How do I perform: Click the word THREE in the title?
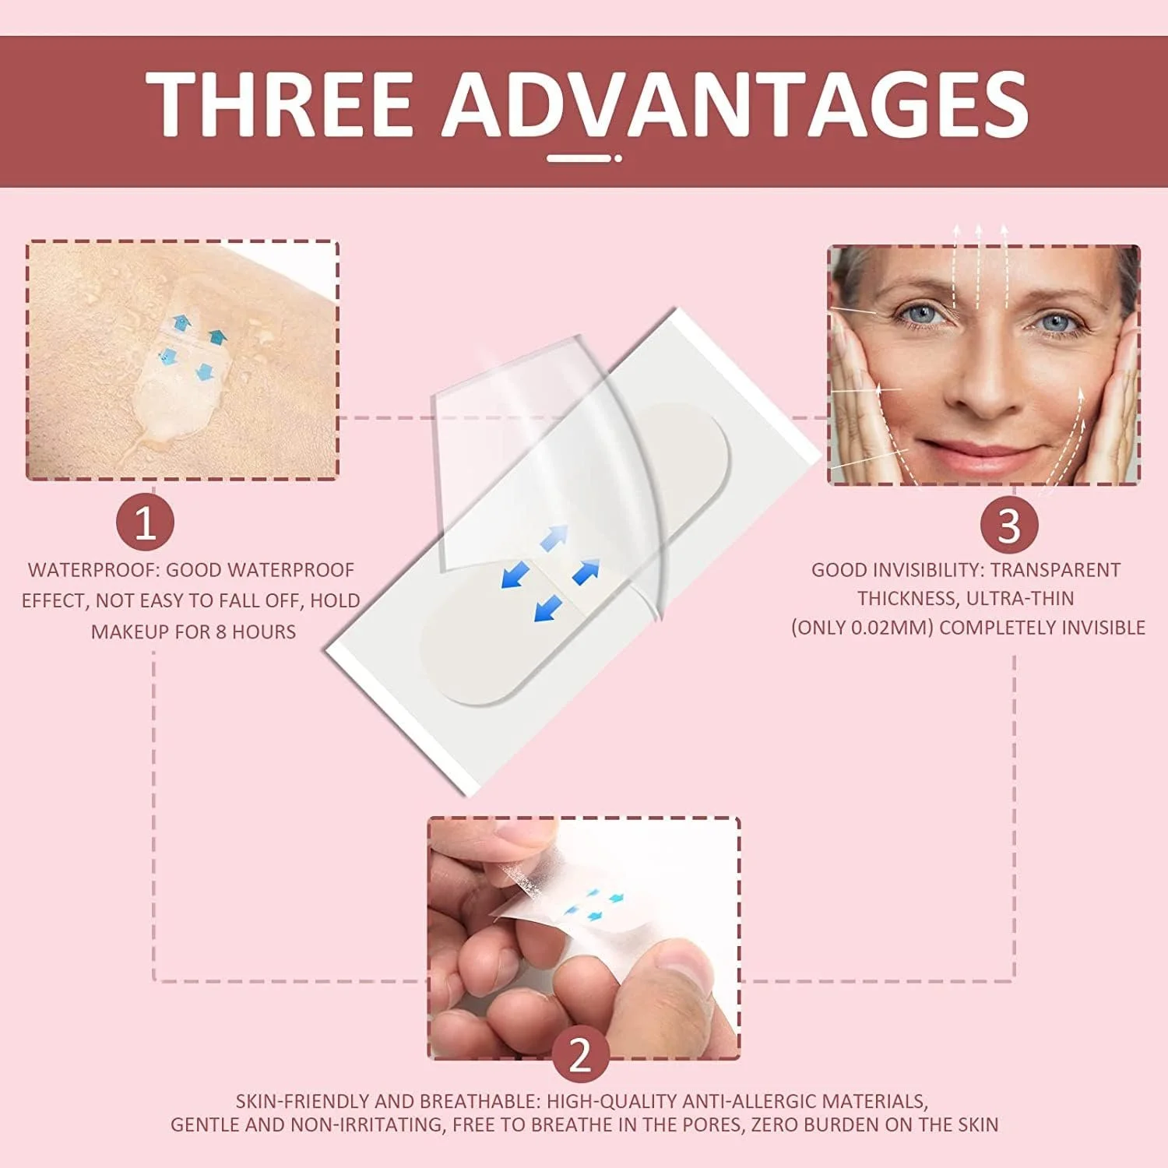coord(279,104)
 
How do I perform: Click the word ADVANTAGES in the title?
coord(736,104)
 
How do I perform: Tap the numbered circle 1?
coord(146,522)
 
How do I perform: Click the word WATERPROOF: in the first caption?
coord(93,570)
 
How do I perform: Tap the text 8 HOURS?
coord(255,631)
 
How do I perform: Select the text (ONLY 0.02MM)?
coord(862,628)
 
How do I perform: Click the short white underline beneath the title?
coord(584,158)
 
